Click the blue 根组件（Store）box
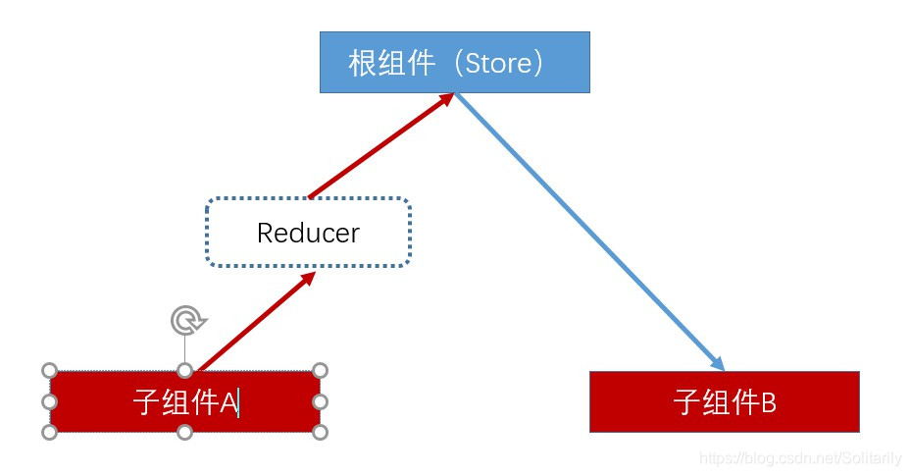454,62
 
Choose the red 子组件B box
724,401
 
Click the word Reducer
308,234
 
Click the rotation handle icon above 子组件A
185,320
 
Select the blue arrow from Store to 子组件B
588,232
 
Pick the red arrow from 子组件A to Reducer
257,321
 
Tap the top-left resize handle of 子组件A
50,370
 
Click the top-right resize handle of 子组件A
320,370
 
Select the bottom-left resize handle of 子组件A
50,432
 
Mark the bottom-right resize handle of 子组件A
320,432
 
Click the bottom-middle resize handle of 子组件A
184,432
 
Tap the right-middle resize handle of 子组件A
320,401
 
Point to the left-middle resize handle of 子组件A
50,401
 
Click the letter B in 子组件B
768,402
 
